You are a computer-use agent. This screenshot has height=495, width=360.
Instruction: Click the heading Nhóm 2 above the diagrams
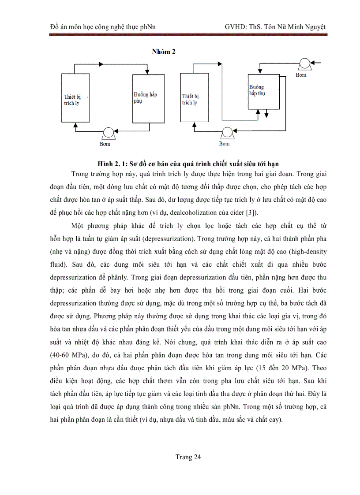pos(164,52)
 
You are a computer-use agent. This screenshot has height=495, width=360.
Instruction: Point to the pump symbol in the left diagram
pos(108,133)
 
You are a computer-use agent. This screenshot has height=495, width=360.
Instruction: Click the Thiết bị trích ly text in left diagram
pos(71,100)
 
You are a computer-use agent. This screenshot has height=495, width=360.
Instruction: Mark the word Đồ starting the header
pos(55,27)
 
